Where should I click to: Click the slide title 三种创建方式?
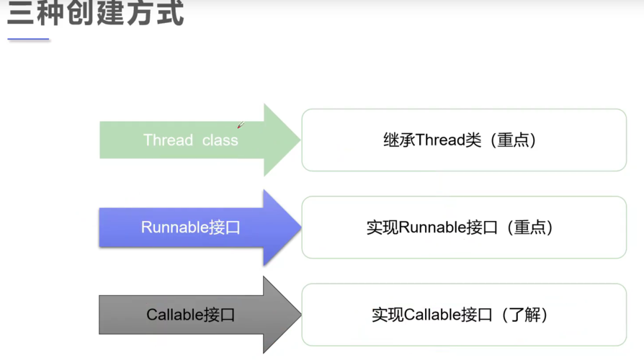tap(95, 14)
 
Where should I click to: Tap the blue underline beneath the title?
tap(28, 40)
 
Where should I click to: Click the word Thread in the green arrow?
tap(168, 140)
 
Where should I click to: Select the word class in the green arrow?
tap(220, 140)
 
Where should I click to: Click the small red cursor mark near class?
tap(241, 125)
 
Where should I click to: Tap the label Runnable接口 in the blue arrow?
tap(190, 228)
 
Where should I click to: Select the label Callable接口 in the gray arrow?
tap(190, 315)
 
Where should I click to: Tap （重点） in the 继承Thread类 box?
tap(513, 140)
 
